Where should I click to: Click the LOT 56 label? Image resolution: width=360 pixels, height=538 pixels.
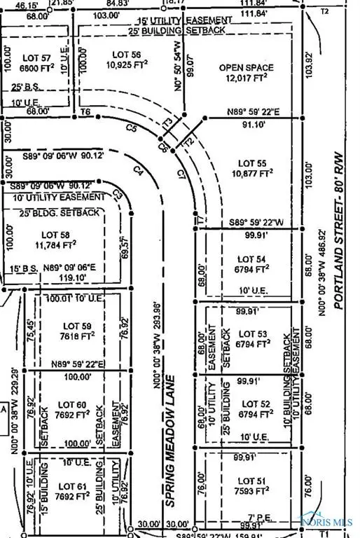coord(126,53)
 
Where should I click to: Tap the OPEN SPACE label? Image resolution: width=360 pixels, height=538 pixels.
coord(246,68)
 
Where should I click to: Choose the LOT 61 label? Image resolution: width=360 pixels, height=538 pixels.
coord(71,486)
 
